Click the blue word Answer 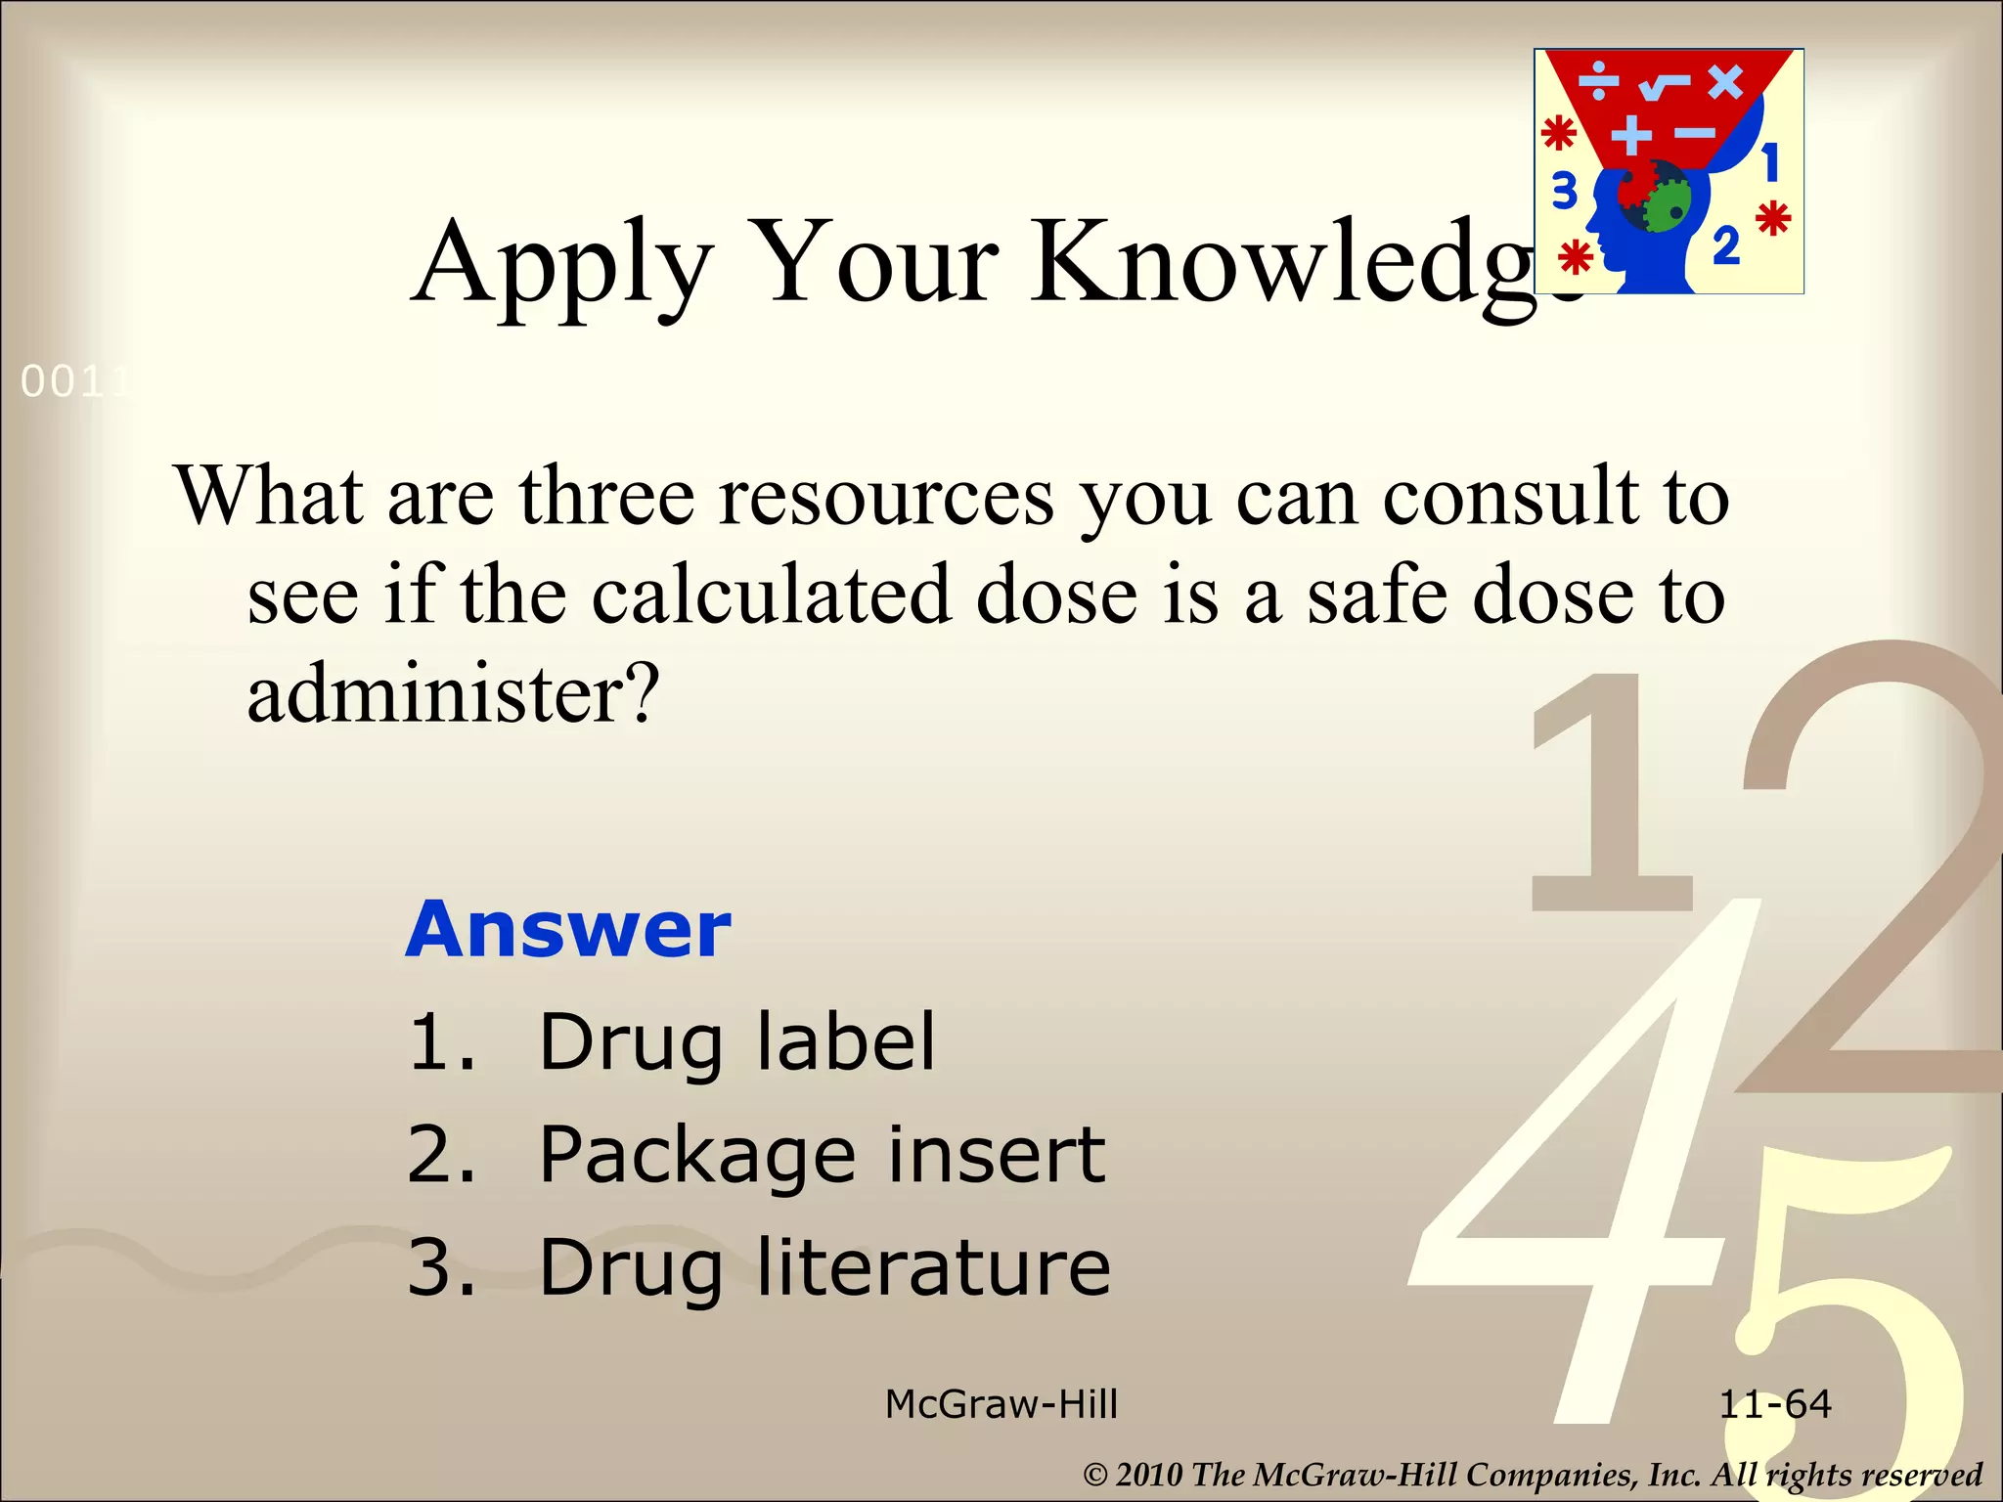(568, 929)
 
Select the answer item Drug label (736, 1042)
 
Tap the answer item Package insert (822, 1155)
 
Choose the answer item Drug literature (824, 1268)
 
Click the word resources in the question (886, 497)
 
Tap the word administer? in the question (454, 693)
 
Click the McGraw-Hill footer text (1001, 1404)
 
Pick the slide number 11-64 (1775, 1404)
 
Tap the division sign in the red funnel (1600, 81)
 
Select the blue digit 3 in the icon (1565, 191)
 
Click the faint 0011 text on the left (74, 382)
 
